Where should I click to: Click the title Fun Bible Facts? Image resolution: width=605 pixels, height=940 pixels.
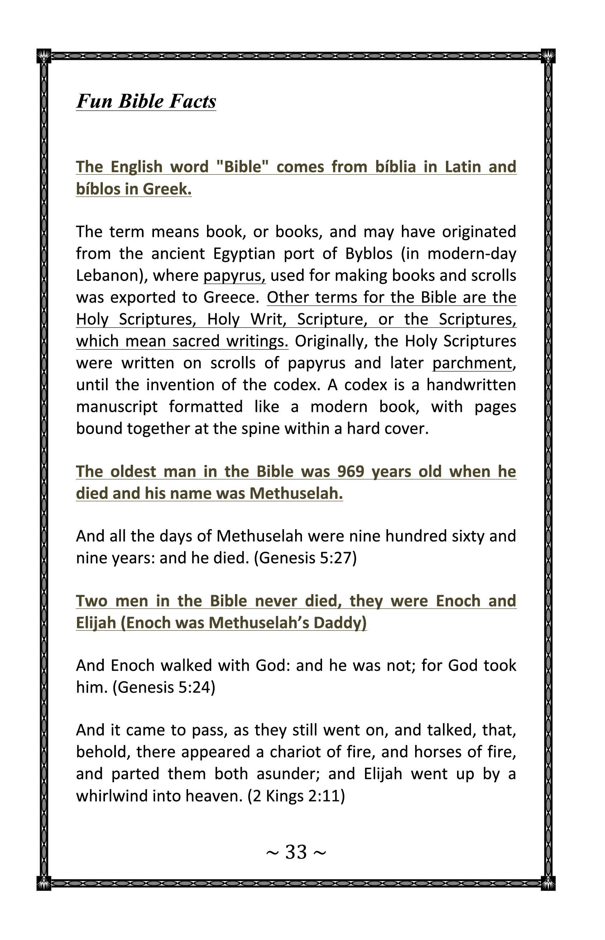point(146,101)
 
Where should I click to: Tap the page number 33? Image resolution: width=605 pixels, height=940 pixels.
point(296,852)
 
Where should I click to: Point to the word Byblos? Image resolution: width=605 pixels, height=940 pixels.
point(369,254)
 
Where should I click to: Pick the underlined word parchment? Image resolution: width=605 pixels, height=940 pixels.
point(472,363)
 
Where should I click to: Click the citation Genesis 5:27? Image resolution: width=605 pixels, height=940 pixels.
point(305,558)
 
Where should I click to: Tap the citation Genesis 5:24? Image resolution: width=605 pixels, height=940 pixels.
point(164,687)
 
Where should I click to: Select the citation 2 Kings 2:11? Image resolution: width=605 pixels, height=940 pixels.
point(296,796)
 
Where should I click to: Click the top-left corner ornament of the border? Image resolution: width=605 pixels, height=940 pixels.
point(44,56)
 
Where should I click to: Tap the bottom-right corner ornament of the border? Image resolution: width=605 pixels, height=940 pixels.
point(548,883)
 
